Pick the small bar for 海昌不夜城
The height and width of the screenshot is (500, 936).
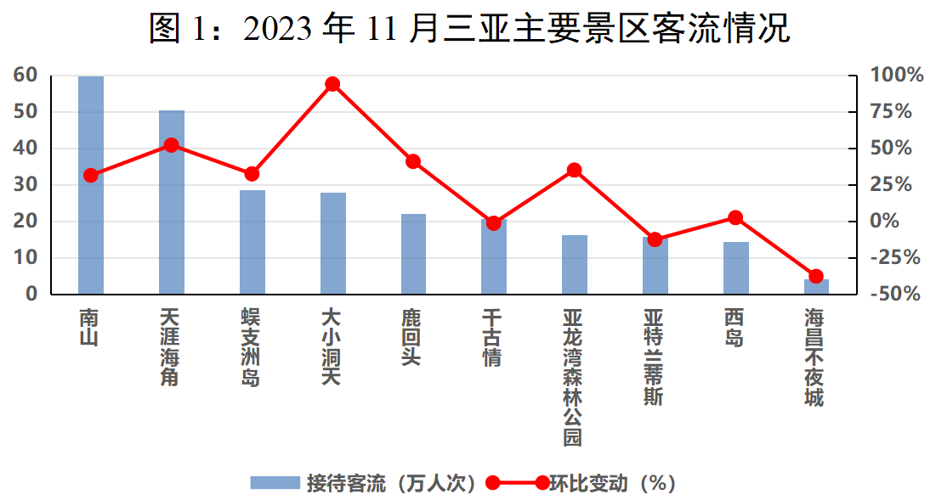coord(816,287)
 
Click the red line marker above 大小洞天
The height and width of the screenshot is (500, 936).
coord(332,84)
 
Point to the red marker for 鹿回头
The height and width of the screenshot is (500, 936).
coord(413,161)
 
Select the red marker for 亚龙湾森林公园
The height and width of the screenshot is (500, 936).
coord(575,170)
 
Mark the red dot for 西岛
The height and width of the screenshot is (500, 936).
coord(735,218)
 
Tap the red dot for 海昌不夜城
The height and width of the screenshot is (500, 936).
coord(816,276)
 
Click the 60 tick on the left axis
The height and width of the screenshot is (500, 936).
coord(26,75)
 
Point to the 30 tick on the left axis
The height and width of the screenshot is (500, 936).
coord(26,184)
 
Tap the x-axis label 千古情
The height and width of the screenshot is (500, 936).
coord(494,337)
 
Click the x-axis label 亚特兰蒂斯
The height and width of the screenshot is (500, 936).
coord(655,357)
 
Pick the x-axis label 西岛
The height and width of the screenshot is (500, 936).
coord(735,328)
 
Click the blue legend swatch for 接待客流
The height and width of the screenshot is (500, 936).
coord(275,483)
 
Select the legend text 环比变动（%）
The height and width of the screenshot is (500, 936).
coord(611,483)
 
